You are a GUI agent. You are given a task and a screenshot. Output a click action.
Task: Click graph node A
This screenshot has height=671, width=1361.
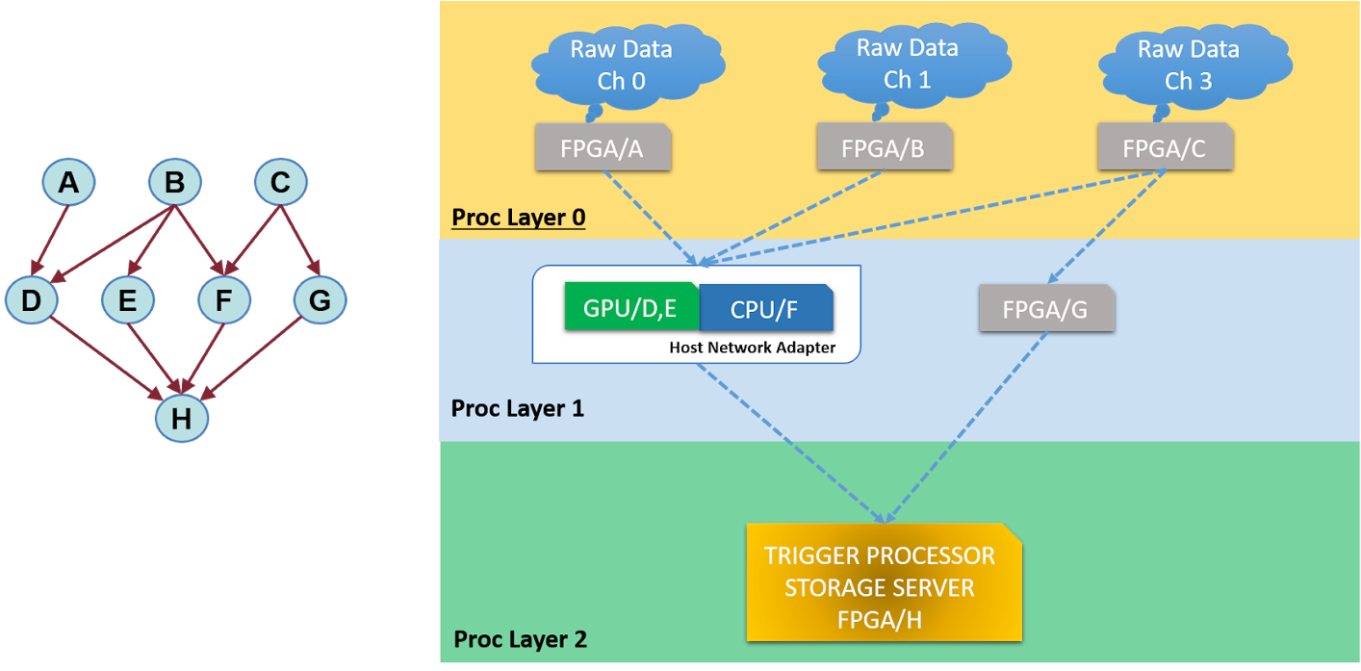(68, 181)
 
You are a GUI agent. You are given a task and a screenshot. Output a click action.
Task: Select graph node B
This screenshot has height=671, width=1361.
(174, 181)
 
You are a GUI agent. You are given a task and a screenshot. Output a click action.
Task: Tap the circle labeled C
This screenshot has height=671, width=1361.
(280, 181)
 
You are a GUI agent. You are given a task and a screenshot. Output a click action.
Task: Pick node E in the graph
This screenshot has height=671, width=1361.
(128, 300)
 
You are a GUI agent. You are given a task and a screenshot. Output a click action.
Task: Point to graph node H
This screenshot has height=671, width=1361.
(182, 418)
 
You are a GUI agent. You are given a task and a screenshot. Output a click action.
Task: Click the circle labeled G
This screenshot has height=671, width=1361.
(320, 300)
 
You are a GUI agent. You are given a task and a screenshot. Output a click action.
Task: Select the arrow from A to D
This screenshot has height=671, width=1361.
(52, 239)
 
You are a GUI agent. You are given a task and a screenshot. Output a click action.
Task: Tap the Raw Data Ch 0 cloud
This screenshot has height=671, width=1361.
(621, 65)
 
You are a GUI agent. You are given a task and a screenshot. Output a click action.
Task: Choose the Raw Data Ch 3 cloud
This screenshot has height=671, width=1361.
(1188, 65)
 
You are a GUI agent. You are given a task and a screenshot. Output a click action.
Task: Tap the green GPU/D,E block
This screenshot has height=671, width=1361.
(631, 308)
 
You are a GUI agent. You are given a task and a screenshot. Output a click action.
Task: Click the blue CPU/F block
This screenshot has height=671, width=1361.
(766, 308)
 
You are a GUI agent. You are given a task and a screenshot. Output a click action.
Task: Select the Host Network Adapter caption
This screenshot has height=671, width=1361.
(752, 348)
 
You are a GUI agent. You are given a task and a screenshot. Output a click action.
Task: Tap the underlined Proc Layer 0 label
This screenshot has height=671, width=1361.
(518, 218)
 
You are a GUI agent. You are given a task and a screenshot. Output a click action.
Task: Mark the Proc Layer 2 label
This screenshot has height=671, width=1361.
(520, 639)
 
